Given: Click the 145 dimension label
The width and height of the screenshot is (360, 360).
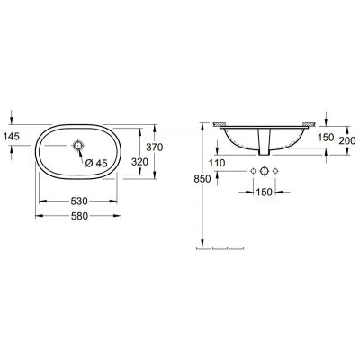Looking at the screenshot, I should point(12,136).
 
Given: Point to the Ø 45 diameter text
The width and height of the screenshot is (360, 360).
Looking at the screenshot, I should point(96,163).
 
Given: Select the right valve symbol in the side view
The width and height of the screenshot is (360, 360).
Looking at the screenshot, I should point(275,170).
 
